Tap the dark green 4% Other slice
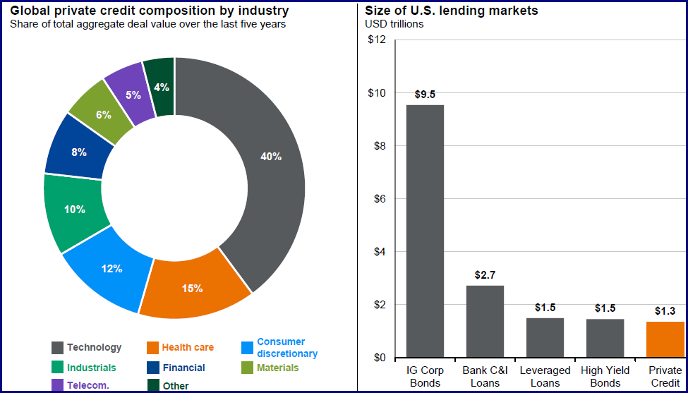(x=161, y=86)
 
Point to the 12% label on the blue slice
(x=111, y=268)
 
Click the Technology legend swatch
(x=58, y=347)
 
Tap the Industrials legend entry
(x=91, y=368)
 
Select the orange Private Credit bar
(x=665, y=339)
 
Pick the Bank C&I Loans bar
(x=485, y=321)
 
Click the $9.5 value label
(x=425, y=94)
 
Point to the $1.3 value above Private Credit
(x=665, y=310)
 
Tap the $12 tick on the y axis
(x=377, y=40)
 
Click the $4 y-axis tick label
(x=380, y=252)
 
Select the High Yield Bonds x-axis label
(x=605, y=377)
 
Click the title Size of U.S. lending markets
(x=452, y=11)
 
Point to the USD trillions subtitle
(x=394, y=24)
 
